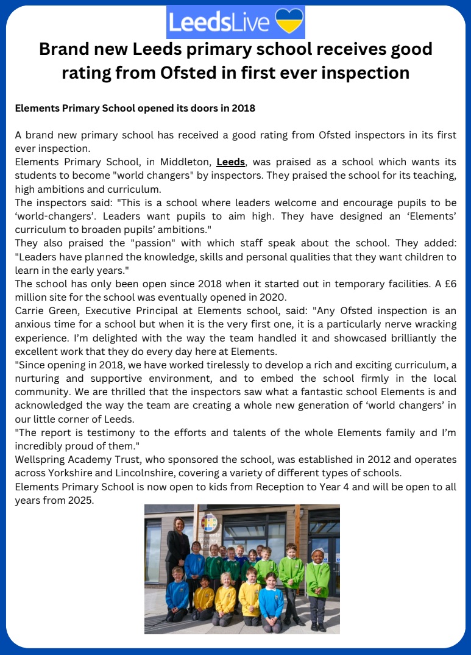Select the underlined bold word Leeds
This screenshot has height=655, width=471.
pyautogui.click(x=231, y=162)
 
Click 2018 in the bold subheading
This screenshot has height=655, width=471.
pyautogui.click(x=243, y=109)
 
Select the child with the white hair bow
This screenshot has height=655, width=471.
pyautogui.click(x=317, y=556)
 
